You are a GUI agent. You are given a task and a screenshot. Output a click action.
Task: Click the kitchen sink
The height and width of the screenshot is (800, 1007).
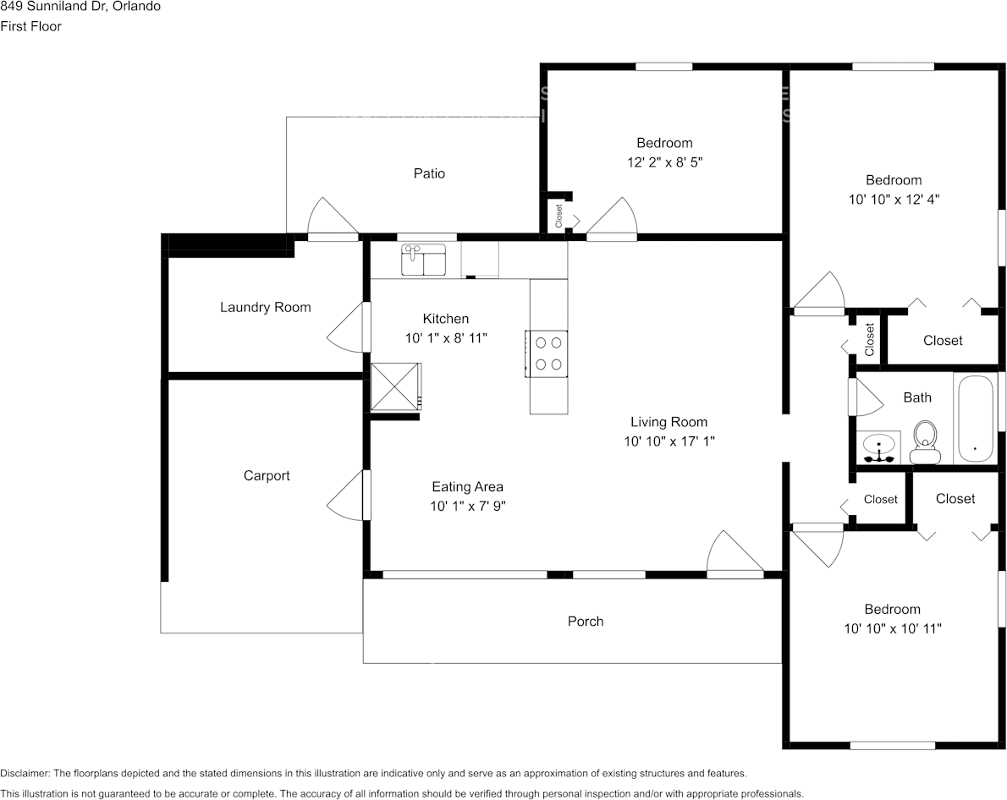tap(423, 260)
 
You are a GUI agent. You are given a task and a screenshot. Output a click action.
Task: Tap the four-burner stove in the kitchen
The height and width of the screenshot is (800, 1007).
tap(547, 353)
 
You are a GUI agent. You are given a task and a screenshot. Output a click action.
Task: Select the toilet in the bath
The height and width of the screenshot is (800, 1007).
tap(926, 441)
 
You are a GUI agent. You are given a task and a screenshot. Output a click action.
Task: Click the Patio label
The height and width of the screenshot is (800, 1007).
tap(429, 173)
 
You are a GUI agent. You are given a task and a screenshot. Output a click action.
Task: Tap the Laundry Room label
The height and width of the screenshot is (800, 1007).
tap(265, 307)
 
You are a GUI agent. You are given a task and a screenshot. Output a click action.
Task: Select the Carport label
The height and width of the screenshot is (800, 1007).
tap(267, 476)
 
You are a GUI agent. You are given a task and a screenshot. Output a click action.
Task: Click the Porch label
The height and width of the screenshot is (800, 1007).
tap(586, 622)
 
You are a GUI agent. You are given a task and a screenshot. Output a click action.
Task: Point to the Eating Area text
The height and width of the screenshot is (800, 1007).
tap(467, 486)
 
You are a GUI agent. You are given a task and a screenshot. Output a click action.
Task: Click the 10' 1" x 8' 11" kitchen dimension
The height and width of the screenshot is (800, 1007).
tap(446, 337)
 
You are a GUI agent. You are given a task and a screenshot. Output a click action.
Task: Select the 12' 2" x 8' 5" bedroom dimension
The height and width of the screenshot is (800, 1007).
tap(664, 162)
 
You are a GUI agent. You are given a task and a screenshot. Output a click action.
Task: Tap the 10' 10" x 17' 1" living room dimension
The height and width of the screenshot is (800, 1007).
tap(669, 441)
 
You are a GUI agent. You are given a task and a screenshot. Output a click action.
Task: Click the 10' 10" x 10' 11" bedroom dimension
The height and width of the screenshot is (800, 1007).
tap(893, 628)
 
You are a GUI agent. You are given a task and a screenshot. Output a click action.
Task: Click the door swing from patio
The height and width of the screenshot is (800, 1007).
tap(333, 217)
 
